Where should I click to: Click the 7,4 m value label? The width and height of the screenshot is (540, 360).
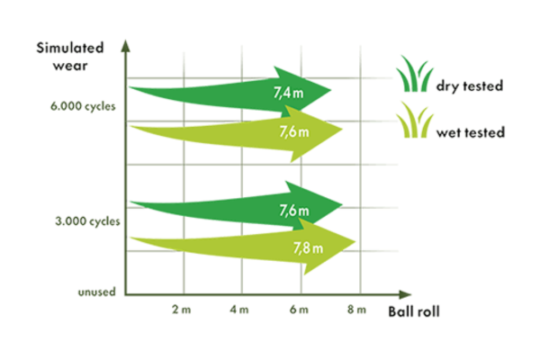[288, 93]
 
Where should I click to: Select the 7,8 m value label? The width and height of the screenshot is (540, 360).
[308, 247]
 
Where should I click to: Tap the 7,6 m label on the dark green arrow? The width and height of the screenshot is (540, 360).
[293, 210]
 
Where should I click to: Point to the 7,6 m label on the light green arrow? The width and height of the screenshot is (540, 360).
[293, 131]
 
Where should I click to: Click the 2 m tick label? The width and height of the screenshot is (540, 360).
[182, 310]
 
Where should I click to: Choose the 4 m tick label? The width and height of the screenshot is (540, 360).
[239, 310]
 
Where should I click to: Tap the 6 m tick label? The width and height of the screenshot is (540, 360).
[299, 310]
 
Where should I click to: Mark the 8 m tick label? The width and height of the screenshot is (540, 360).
[356, 310]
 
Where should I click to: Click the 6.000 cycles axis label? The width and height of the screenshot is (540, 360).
[83, 106]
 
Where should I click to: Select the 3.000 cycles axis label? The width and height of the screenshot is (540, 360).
[87, 221]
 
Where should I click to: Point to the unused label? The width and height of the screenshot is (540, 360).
[97, 292]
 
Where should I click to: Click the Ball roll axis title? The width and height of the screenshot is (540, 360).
[414, 311]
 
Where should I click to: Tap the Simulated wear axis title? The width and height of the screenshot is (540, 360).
[70, 57]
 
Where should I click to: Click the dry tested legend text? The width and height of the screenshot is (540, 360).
[470, 85]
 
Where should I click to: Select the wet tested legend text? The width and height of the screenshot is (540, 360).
[471, 132]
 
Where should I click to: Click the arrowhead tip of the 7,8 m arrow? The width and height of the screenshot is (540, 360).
[355, 242]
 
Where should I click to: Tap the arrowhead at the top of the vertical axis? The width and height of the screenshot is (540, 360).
[126, 46]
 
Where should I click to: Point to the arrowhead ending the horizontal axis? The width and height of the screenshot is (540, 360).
[405, 294]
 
